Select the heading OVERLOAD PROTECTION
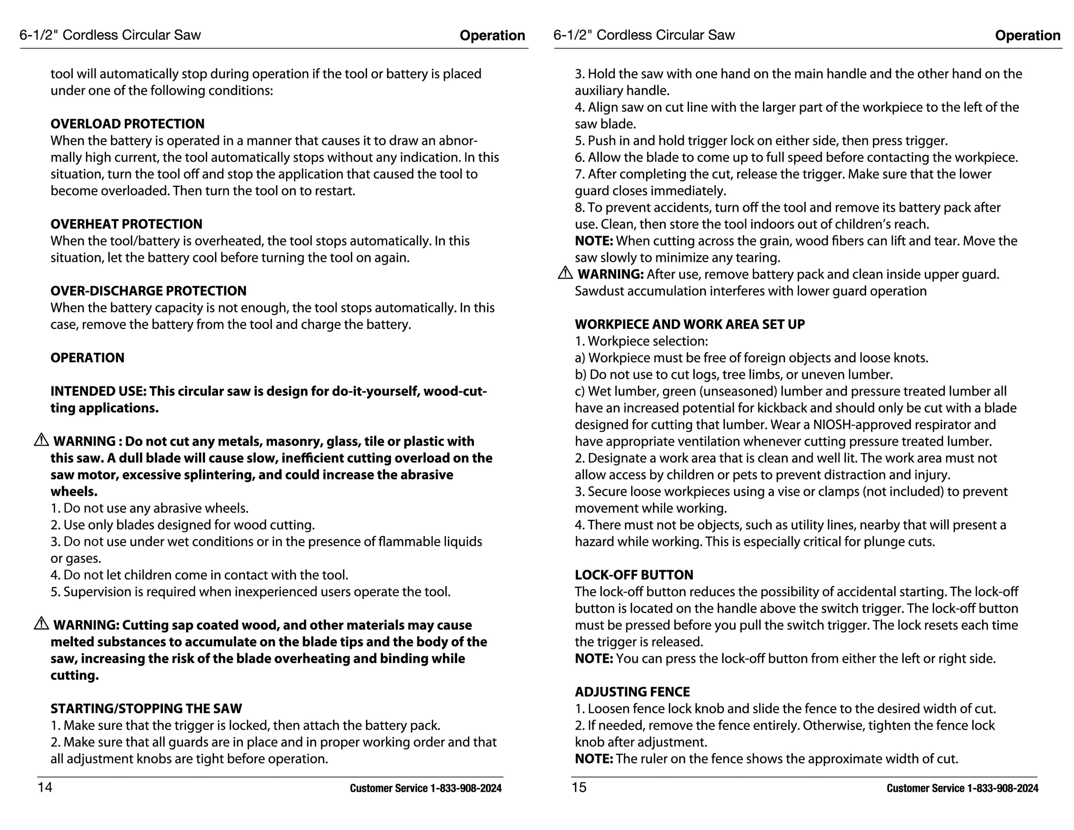point(127,124)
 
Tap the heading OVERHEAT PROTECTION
point(126,224)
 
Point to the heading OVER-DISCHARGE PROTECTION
point(148,291)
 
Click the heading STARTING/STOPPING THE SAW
point(146,709)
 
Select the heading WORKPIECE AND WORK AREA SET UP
point(689,324)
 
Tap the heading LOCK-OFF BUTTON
point(634,575)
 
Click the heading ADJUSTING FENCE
point(632,692)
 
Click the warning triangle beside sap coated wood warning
point(41,624)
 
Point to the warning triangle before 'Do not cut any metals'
point(41,440)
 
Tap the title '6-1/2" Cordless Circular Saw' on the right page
point(644,35)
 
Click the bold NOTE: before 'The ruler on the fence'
point(593,759)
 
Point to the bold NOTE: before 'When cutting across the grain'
point(593,241)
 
